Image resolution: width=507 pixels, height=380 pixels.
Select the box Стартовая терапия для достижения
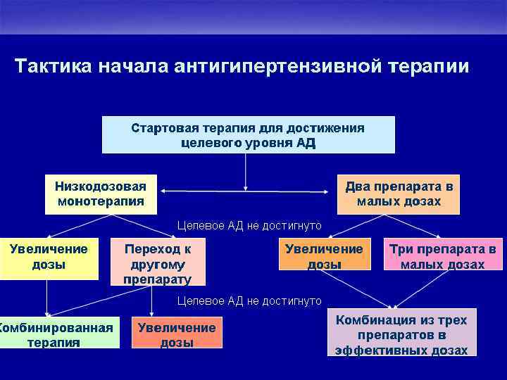(248, 135)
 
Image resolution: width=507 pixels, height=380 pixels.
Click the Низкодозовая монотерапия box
(101, 194)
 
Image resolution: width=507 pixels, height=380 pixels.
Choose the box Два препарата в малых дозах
(399, 194)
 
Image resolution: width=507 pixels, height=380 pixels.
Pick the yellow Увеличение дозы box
(49, 257)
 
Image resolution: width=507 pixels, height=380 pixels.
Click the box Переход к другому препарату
(158, 263)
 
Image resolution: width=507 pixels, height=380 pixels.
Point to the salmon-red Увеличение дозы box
(177, 334)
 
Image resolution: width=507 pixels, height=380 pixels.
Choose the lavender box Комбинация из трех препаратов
(401, 335)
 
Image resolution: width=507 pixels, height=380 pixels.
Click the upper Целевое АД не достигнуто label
(249, 226)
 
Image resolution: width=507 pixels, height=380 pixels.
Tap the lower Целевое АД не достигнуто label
(249, 301)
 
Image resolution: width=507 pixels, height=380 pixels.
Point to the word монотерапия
(101, 201)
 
